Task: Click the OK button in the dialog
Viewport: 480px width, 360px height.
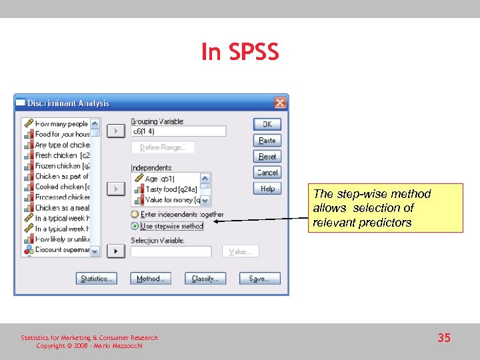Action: click(267, 124)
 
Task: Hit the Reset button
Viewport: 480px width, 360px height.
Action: click(267, 156)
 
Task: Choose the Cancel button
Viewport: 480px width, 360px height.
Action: click(267, 172)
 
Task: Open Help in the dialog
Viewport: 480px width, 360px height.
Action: click(267, 189)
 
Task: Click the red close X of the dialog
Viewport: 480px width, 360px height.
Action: click(280, 103)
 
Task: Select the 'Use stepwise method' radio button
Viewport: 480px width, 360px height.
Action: click(135, 226)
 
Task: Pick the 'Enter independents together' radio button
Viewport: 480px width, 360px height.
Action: click(135, 215)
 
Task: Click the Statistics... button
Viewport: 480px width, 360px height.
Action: click(96, 279)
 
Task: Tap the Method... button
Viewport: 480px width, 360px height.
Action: click(151, 279)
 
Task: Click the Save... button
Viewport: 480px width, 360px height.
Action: click(259, 279)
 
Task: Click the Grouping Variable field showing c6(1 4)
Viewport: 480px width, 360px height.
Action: click(178, 131)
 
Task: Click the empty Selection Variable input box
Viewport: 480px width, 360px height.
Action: click(171, 251)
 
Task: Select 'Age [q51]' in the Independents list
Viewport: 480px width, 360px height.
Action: click(161, 179)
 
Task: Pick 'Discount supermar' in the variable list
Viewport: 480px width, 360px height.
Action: click(62, 250)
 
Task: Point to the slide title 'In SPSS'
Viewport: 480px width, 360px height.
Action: click(240, 52)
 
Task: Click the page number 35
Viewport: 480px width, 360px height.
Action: click(444, 338)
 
